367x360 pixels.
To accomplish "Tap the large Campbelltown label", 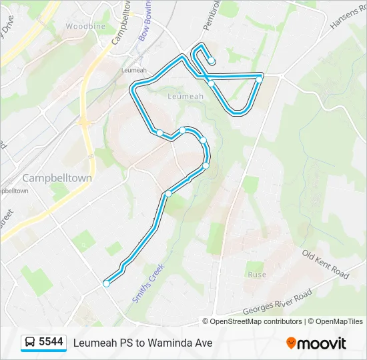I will coord(57,178).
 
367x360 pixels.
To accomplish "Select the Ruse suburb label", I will coord(257,275).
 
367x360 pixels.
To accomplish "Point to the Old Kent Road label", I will coord(326,265).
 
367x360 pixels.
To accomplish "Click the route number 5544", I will coord(51,342).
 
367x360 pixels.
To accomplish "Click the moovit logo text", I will coord(322,343).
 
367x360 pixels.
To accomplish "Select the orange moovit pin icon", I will coord(291,343).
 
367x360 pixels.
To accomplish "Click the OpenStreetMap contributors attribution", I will coord(256,321).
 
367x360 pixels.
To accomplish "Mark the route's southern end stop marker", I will coord(106,284).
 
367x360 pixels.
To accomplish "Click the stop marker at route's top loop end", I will coord(212,61).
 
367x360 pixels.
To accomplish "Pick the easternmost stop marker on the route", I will coord(259,79).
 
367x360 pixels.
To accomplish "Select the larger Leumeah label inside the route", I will coord(186,96).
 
